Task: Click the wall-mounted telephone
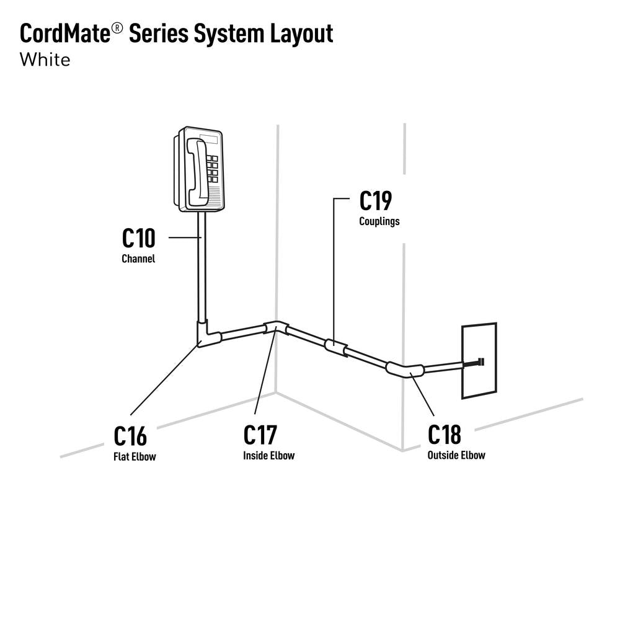199,169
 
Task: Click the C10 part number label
138,238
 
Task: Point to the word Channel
138,259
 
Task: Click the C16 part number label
131,436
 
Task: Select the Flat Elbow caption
135,458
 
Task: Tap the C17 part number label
260,435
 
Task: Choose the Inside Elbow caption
268,456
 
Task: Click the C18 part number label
445,435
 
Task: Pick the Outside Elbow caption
456,456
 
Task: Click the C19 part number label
376,201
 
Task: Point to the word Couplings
379,221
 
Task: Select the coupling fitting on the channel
335,348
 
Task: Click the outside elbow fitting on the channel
405,370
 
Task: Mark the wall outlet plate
478,360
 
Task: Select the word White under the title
45,60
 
